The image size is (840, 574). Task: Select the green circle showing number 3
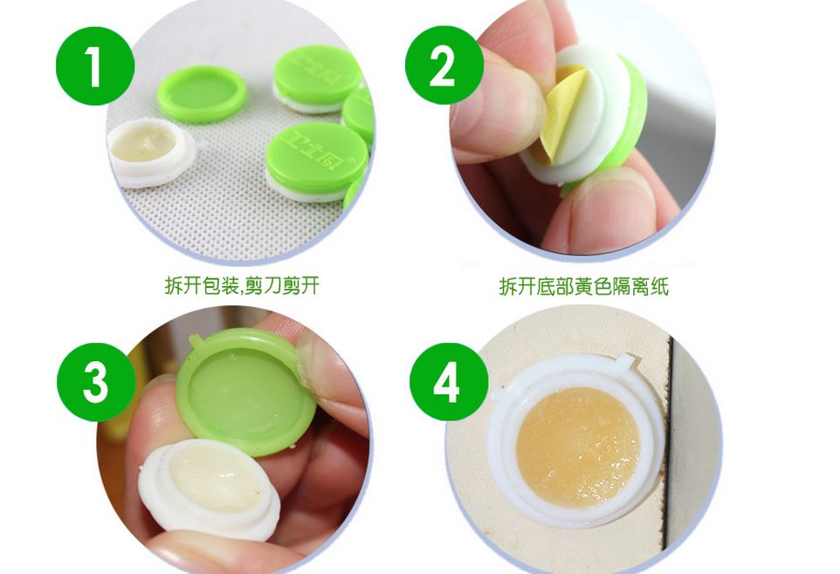(x=95, y=381)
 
